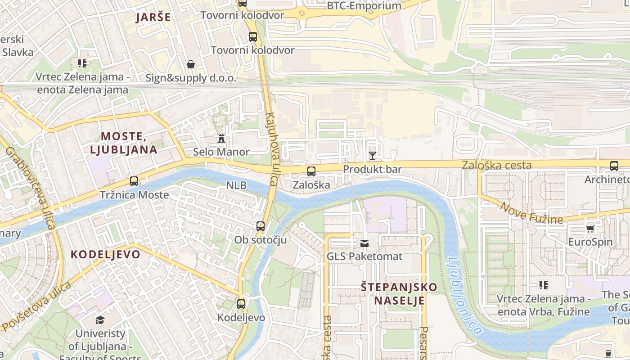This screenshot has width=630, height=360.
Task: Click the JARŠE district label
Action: [153, 17]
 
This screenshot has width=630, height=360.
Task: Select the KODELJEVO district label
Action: [105, 254]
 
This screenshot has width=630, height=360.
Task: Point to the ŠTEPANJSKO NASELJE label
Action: [399, 293]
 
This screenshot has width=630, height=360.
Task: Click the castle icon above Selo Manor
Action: [221, 139]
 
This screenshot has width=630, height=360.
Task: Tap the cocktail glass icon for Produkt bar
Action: [372, 156]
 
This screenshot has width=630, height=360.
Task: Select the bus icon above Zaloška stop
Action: [311, 171]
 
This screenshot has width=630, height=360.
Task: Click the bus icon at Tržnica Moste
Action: [134, 181]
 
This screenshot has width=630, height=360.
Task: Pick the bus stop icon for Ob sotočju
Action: [260, 226]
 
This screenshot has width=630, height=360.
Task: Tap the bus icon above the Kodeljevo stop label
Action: [241, 304]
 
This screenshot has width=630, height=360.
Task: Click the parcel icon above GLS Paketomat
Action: [364, 243]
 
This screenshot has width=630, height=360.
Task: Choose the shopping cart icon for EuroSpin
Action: [590, 229]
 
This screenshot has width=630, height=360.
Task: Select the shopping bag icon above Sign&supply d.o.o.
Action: [191, 64]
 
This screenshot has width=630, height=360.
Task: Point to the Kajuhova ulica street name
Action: [272, 149]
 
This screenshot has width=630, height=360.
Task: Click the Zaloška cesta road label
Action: [496, 165]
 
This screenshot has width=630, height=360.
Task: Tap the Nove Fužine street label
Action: [531, 213]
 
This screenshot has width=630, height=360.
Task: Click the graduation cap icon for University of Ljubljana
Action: [100, 320]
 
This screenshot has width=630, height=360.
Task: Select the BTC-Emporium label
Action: [364, 6]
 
